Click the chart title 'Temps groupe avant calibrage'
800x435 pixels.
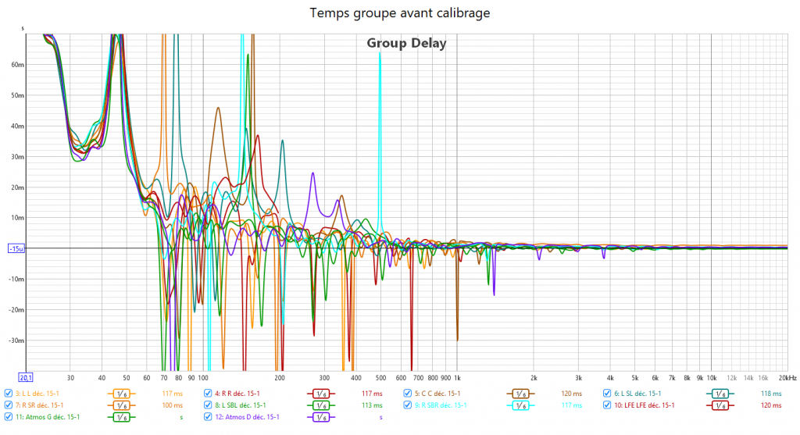point(400,13)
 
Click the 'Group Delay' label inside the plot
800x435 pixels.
point(406,44)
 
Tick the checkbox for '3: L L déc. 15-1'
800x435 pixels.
point(8,394)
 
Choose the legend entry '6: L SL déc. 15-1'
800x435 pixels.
point(637,394)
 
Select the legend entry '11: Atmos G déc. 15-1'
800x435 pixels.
point(47,417)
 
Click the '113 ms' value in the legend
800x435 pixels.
point(372,405)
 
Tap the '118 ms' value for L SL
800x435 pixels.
point(771,394)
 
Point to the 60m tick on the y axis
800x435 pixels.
point(16,66)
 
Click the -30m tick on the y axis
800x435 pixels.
point(15,341)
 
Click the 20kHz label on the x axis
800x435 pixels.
point(787,377)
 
